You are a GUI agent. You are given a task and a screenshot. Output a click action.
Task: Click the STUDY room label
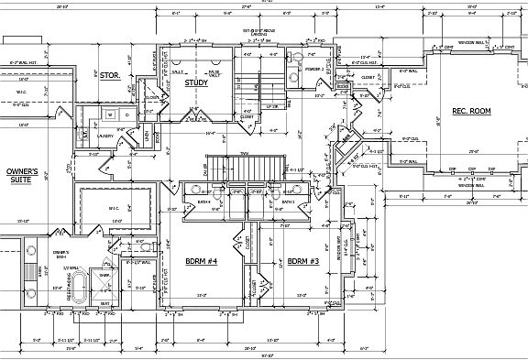click(196, 83)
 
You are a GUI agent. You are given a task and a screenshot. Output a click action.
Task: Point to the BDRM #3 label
click(302, 261)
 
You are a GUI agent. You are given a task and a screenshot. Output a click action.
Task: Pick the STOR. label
click(111, 75)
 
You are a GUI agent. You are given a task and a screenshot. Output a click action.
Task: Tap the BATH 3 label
click(288, 201)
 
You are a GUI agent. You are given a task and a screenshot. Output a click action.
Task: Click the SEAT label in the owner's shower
click(104, 303)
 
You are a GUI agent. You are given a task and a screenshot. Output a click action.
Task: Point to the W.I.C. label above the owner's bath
click(115, 208)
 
